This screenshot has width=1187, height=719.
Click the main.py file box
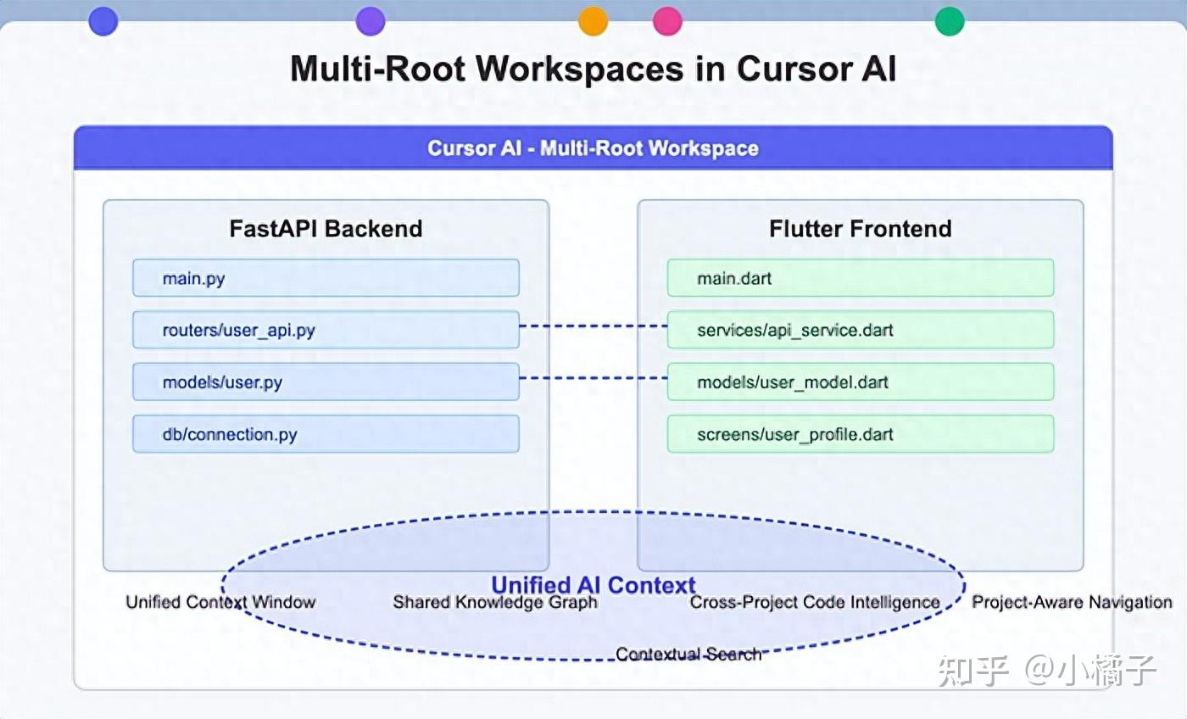pos(326,278)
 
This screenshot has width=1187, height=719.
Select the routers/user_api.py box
pos(326,330)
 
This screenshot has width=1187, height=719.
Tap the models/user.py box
pos(326,382)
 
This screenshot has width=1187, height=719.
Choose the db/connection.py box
pos(326,434)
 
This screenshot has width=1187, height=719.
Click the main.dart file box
pos(860,278)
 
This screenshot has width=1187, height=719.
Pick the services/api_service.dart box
pos(860,330)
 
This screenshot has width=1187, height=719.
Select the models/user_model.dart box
pos(860,382)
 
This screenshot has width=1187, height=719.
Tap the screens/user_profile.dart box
pos(860,434)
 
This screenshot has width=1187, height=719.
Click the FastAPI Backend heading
pos(326,229)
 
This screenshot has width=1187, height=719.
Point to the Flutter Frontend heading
pos(860,229)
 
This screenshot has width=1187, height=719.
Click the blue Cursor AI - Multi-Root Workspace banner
pos(593,148)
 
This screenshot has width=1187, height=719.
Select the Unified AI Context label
pos(593,585)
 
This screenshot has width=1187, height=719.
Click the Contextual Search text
pos(688,655)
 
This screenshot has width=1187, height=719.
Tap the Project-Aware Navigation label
pos(1072,603)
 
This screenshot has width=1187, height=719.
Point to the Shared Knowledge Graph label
pos(495,603)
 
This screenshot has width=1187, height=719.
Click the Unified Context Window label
pos(220,603)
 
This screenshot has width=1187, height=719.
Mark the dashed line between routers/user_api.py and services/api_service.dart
pos(593,326)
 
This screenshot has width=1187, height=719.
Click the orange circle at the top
pos(593,21)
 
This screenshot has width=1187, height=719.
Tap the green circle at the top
pos(950,21)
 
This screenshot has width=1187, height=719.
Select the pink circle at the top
pos(668,21)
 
